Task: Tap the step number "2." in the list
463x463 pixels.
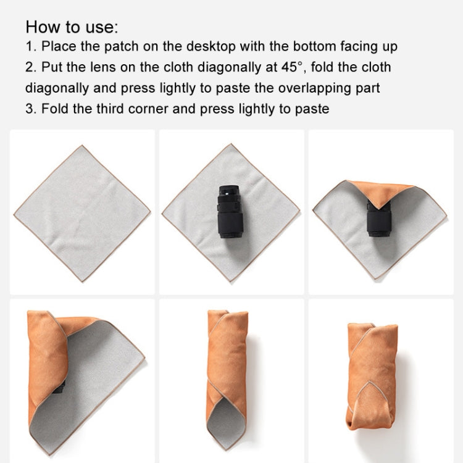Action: (x=31, y=67)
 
